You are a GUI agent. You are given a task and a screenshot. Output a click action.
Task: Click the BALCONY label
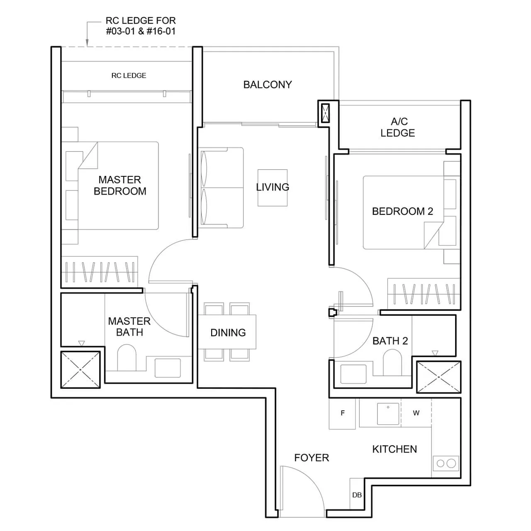(x=268, y=85)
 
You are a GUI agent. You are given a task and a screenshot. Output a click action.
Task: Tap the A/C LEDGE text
(x=398, y=127)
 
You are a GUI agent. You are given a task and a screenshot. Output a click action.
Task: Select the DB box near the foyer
(x=357, y=494)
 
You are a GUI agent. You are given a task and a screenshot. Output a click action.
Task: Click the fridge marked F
(x=342, y=413)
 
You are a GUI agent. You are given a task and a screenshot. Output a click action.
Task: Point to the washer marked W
(x=416, y=413)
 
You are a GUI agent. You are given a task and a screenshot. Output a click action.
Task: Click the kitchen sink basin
(x=388, y=414)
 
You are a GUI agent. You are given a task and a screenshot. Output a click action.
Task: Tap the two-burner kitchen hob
(x=446, y=463)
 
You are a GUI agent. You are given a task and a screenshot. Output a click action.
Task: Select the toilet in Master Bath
(x=127, y=359)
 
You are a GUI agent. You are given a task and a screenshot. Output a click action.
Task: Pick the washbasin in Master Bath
(x=168, y=368)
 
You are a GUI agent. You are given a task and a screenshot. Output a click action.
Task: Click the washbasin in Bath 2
(x=353, y=374)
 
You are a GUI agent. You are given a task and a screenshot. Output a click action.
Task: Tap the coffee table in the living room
(x=273, y=188)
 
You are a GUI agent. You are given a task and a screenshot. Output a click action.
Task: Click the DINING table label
(x=228, y=333)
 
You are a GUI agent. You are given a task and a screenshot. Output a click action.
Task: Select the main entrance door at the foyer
(x=302, y=492)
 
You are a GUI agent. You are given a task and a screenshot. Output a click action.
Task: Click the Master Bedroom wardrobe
(x=100, y=271)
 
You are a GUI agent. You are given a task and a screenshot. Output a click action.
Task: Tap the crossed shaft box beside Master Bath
(x=80, y=370)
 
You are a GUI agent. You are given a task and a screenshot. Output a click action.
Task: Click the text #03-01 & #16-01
(x=141, y=32)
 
